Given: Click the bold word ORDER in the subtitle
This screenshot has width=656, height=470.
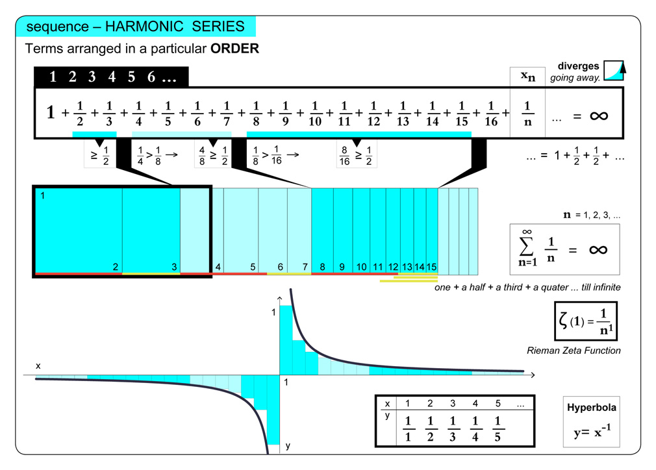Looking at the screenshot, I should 234,49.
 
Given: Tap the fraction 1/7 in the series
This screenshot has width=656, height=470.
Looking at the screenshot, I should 227,112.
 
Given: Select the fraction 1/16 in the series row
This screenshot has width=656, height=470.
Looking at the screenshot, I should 492,112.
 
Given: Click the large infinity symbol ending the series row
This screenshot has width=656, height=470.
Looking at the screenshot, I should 598,116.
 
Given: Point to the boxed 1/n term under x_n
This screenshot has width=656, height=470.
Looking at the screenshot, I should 527,113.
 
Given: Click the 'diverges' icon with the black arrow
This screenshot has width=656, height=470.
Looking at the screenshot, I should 613,69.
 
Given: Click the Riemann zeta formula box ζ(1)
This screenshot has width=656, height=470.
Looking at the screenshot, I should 585,321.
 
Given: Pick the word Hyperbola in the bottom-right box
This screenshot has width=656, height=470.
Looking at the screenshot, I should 591,408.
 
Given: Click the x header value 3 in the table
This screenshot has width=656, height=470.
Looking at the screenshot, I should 453,403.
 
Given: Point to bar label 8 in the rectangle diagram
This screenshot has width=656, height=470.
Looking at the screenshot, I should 323,266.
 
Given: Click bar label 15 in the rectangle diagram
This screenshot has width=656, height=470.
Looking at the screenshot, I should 431,266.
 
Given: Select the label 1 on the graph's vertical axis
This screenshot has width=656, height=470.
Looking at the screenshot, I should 273,312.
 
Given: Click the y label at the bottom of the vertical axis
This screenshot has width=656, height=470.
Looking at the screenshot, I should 287,445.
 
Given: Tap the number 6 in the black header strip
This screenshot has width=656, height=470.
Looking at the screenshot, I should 151,77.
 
